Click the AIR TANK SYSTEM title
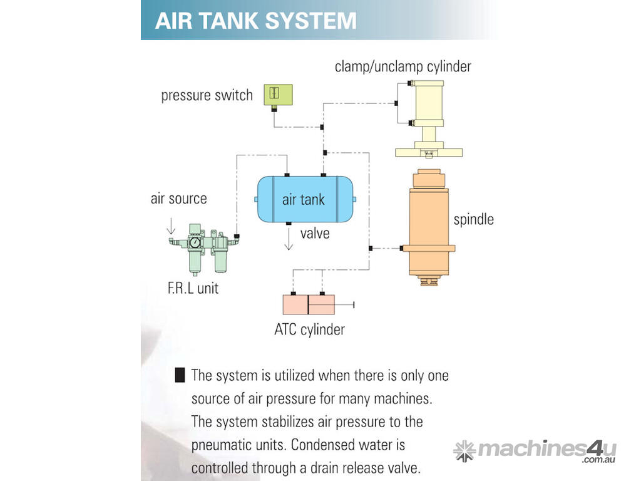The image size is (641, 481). (255, 20)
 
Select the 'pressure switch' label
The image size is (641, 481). (207, 96)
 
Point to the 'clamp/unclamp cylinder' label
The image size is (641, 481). (403, 66)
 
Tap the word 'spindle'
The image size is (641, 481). (473, 220)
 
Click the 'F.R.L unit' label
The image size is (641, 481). (193, 289)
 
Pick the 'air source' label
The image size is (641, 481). (178, 199)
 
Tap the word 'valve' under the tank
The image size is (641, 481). (315, 234)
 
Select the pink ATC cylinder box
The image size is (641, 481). (309, 304)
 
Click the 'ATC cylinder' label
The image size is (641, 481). (309, 329)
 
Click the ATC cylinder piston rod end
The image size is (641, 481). (354, 304)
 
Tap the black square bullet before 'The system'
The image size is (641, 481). (180, 376)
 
